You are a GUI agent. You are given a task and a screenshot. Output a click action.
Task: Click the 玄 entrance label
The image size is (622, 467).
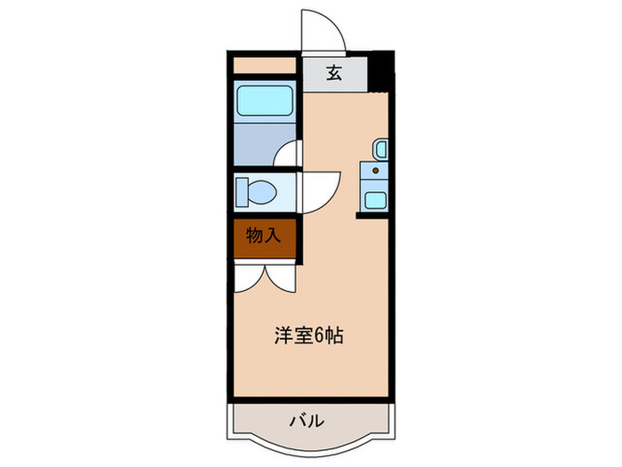pyautogui.click(x=334, y=74)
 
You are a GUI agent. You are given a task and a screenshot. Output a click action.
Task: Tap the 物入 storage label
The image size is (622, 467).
pyautogui.click(x=264, y=236)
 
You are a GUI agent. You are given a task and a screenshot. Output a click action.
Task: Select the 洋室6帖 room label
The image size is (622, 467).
pyautogui.click(x=307, y=336)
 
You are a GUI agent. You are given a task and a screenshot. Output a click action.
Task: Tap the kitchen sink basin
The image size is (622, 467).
pyautogui.click(x=375, y=198)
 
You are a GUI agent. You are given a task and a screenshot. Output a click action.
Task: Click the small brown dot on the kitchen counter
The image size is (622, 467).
pyautogui.click(x=375, y=170)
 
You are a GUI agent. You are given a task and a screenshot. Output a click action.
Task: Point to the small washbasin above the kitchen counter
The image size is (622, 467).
pyautogui.click(x=380, y=149)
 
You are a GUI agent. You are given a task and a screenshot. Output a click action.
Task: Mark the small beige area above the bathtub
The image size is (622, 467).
pyautogui.click(x=264, y=66)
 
